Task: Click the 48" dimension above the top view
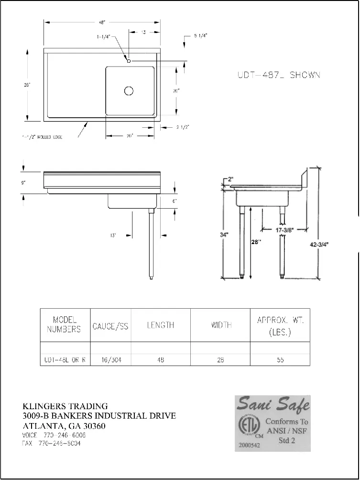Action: [102, 22]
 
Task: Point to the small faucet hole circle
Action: [129, 60]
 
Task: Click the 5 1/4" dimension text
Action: [201, 36]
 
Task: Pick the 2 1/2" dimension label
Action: [183, 127]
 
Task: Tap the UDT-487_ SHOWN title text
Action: [279, 75]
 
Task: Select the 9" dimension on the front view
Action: [23, 182]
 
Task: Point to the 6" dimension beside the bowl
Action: [175, 201]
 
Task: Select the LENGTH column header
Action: [160, 325]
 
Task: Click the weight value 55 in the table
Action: [280, 360]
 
